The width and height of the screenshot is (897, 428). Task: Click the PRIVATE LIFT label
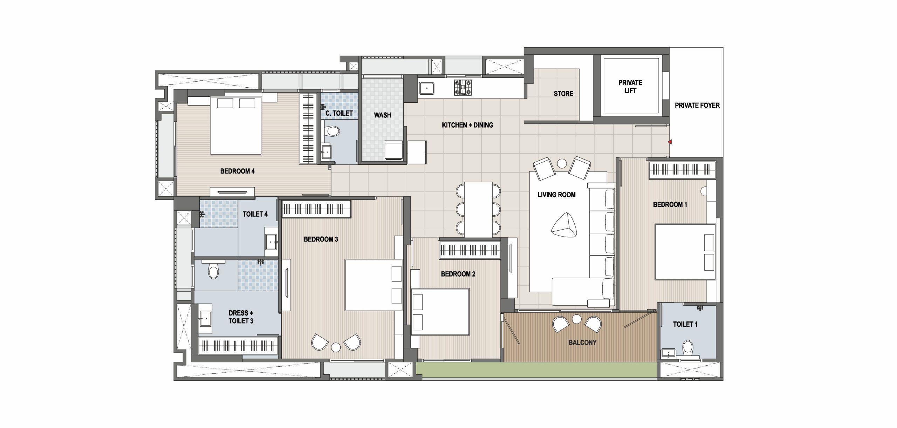pyautogui.click(x=630, y=87)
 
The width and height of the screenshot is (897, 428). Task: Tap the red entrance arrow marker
pyautogui.click(x=670, y=142)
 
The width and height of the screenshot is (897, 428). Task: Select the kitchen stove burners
pyautogui.click(x=463, y=88)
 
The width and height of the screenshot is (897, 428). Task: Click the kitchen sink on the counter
pyautogui.click(x=426, y=88)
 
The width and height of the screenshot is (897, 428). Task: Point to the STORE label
pyautogui.click(x=563, y=94)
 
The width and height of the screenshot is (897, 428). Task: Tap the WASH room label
pyautogui.click(x=382, y=115)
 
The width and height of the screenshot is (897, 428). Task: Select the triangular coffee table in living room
pyautogui.click(x=564, y=225)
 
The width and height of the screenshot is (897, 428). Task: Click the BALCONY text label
pyautogui.click(x=582, y=342)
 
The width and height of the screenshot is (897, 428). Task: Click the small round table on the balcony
pyautogui.click(x=577, y=319)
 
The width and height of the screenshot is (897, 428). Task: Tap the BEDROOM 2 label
pyautogui.click(x=458, y=274)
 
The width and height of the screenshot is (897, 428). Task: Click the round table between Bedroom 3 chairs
pyautogui.click(x=336, y=347)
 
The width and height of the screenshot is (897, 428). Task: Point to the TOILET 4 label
pyautogui.click(x=255, y=214)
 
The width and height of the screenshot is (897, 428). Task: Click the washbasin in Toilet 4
pyautogui.click(x=271, y=242)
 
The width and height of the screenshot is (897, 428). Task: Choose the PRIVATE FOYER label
pyautogui.click(x=697, y=106)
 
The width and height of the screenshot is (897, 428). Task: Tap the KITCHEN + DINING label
pyautogui.click(x=467, y=125)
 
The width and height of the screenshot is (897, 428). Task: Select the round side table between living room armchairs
pyautogui.click(x=562, y=164)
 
